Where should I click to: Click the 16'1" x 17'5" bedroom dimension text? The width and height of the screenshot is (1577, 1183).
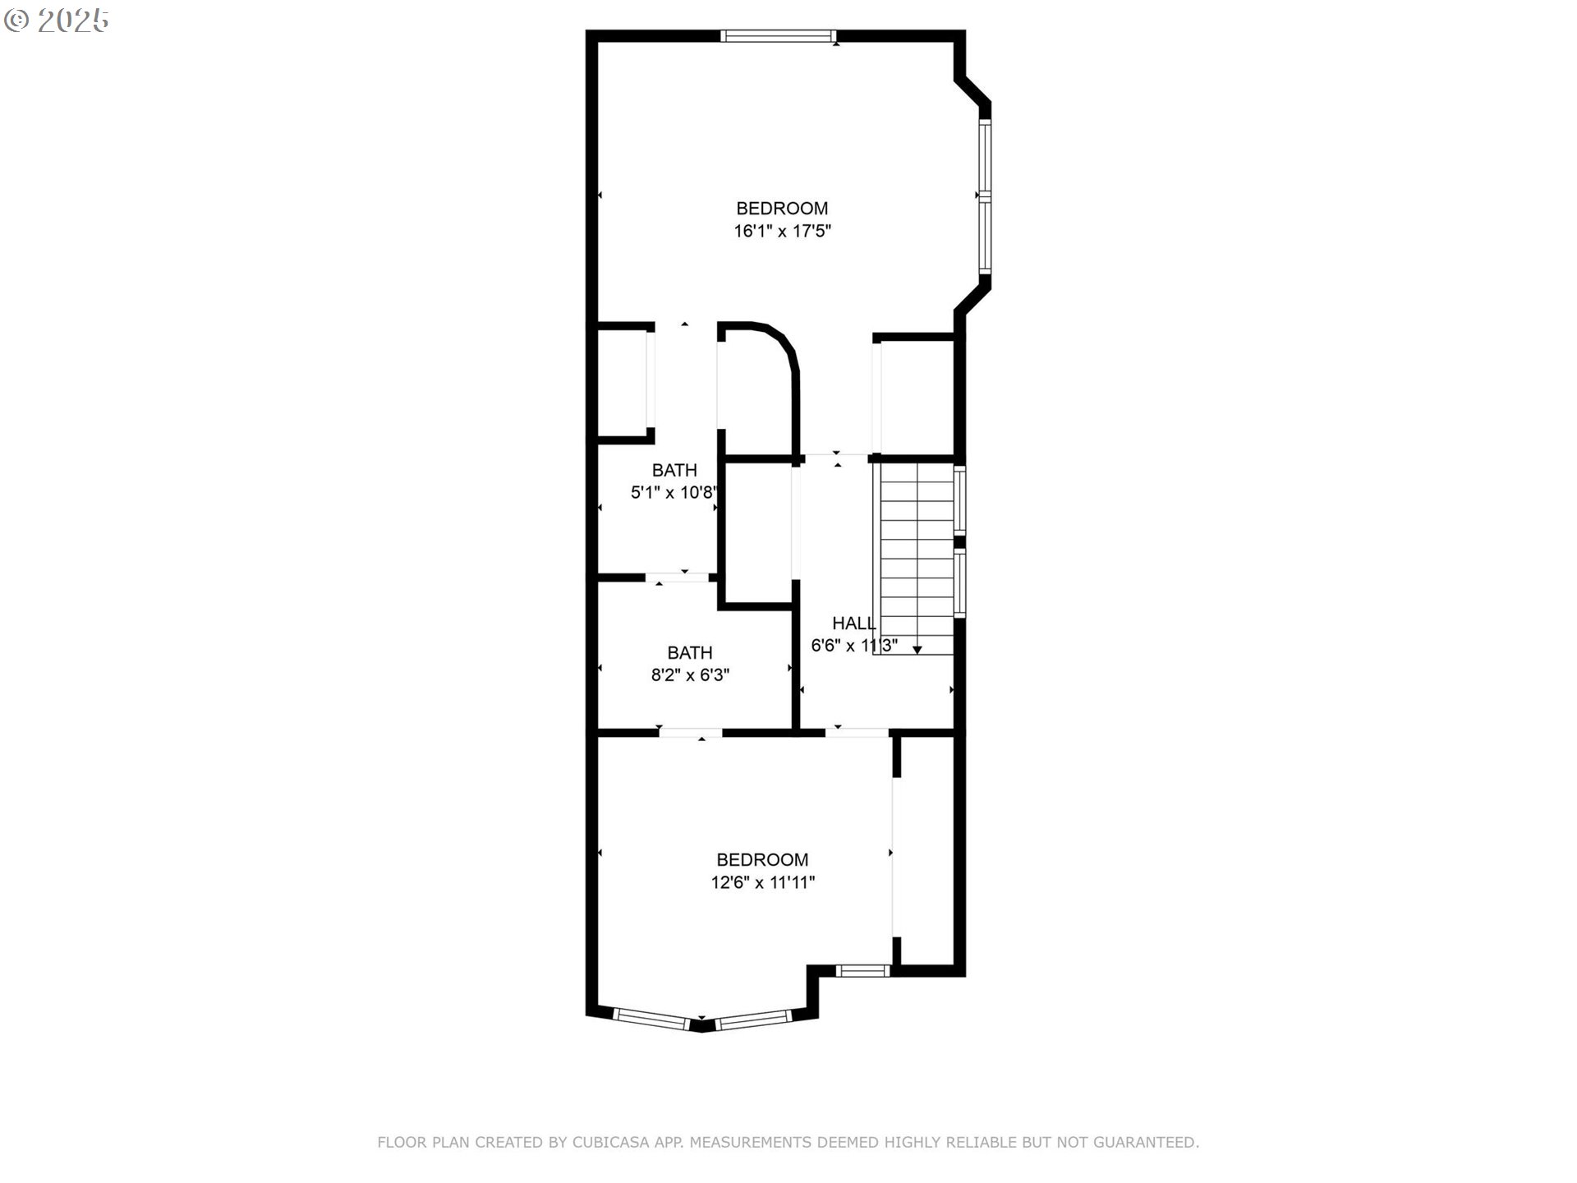pos(782,232)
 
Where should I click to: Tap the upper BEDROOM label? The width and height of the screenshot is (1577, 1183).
pos(781,209)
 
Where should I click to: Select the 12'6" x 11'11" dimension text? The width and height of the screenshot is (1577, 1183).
pos(762,883)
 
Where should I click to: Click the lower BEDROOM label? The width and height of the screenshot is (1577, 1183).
pos(762,860)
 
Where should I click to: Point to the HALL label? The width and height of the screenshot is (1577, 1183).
pos(853,624)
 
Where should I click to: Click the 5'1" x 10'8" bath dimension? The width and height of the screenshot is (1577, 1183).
pos(674,493)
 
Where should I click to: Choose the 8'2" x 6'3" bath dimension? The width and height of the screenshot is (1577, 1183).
pos(690,675)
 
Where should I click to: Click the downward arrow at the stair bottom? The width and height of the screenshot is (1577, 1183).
pos(917,650)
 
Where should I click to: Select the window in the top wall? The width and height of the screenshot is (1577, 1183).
pos(778,35)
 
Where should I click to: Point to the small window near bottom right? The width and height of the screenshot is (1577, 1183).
pos(862,971)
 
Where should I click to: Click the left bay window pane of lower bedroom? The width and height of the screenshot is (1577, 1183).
pos(651,1019)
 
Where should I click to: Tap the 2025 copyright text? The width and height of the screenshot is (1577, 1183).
pos(57,21)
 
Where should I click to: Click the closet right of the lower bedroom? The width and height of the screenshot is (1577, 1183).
pos(925,850)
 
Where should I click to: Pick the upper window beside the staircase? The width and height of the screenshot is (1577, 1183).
pos(959,500)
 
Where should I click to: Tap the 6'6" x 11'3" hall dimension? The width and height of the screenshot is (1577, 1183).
pos(853,647)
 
